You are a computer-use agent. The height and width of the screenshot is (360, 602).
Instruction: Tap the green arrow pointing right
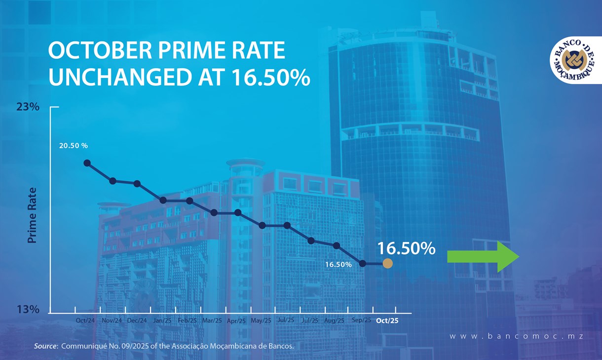coord(483,257)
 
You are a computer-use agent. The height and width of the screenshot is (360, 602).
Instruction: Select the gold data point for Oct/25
coord(387,264)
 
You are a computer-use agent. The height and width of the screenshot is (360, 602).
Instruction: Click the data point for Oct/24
coord(87,163)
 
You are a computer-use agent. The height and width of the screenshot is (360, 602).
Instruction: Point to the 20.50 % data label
coord(73,146)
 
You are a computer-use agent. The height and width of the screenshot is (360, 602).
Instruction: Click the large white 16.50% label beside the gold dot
coord(406,248)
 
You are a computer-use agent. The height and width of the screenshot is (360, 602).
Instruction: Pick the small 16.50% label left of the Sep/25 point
coord(338,265)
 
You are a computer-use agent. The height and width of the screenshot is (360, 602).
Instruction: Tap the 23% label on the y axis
coord(28,107)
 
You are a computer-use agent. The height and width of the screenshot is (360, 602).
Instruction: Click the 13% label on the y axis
coord(28,310)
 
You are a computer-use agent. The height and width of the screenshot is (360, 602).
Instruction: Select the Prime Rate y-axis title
coord(33,215)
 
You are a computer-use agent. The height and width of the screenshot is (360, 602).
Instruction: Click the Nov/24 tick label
coord(112,320)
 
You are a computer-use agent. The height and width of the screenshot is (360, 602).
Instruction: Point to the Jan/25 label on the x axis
coord(162,320)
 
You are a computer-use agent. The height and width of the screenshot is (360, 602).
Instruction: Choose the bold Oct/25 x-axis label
coord(387,320)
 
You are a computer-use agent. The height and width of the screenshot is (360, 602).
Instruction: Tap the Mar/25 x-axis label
coord(212,320)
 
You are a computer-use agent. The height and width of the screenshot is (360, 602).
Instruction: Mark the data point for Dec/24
coord(137,184)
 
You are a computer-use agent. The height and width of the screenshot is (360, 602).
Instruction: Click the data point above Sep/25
coord(363,264)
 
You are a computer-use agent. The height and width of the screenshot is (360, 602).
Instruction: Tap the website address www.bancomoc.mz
coord(516,336)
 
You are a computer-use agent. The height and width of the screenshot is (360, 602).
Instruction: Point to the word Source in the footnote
coord(44,346)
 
